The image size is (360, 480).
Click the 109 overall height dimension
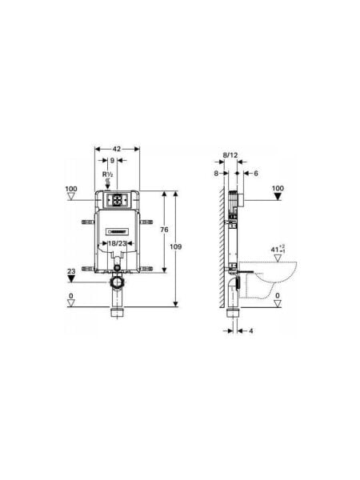coord(175,247)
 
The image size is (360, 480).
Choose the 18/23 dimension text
coord(118,243)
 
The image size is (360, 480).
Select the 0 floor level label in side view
coord(278,296)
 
